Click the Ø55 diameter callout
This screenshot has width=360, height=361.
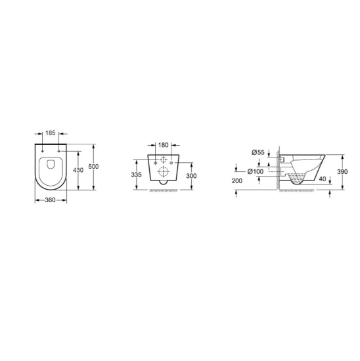point(258,153)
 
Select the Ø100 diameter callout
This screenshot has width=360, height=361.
point(256,171)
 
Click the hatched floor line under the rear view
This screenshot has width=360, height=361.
point(162,191)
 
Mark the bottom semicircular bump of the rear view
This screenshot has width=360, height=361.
point(162,186)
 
